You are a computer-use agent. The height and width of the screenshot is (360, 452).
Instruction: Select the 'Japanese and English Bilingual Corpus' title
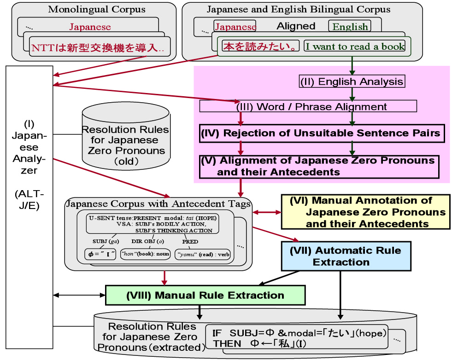tap(298, 9)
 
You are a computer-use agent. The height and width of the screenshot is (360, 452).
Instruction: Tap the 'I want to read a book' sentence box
tap(355, 46)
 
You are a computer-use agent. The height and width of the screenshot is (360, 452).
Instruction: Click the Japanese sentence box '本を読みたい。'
tap(260, 46)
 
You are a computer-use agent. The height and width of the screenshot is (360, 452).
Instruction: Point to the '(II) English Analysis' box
tap(352, 81)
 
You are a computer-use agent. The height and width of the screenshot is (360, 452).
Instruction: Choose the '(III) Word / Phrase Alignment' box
tap(308, 106)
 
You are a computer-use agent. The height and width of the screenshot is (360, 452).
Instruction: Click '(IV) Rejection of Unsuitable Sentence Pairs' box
tap(322, 134)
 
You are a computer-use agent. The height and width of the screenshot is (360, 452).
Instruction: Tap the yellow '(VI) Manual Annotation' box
tap(365, 212)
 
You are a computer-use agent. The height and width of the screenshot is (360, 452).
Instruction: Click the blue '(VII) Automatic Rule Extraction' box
tap(346, 256)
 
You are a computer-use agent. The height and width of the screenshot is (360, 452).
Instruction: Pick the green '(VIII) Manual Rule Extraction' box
tap(205, 295)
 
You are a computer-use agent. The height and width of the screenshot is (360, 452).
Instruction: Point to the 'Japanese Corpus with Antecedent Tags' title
tap(158, 203)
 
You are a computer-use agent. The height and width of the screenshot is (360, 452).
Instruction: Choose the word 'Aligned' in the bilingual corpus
tap(296, 26)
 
